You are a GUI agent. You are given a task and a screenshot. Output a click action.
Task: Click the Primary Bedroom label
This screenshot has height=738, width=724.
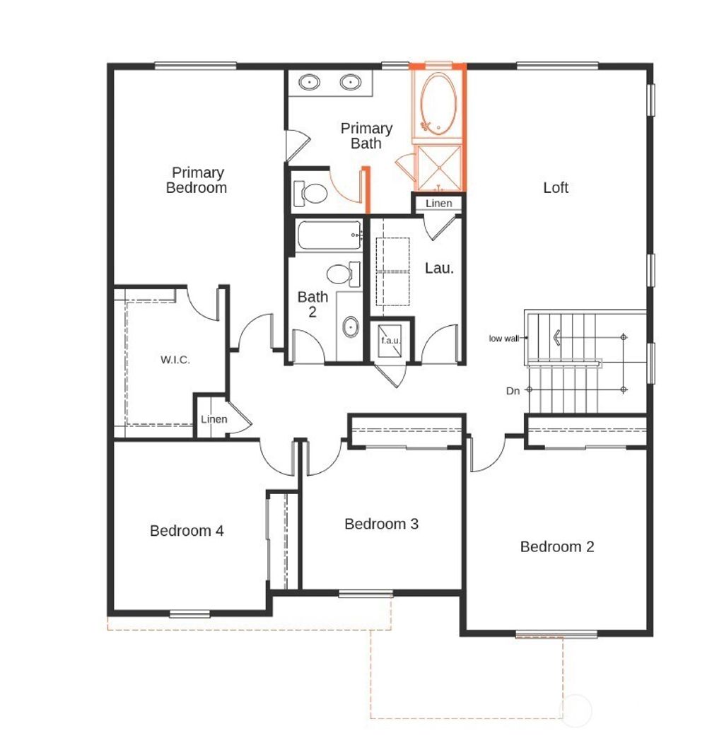click(x=197, y=180)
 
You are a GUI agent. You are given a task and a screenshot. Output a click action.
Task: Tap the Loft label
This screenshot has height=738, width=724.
click(x=556, y=187)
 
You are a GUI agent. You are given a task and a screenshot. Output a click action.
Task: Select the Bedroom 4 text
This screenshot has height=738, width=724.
click(x=187, y=531)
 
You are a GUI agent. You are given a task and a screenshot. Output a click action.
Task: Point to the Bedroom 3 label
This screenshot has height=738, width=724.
click(x=381, y=524)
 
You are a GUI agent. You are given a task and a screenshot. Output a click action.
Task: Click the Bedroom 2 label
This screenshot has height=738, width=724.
click(x=557, y=546)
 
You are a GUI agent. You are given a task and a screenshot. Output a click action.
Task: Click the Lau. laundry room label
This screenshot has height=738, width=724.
click(x=438, y=269)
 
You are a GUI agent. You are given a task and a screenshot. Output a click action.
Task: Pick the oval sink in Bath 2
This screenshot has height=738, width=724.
click(x=350, y=327)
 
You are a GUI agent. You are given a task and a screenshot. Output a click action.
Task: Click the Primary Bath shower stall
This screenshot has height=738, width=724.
click(x=438, y=167)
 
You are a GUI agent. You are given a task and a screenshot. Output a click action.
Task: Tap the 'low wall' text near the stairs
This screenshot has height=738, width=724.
click(x=503, y=339)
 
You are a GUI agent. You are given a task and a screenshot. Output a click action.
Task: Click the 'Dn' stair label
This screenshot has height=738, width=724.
click(x=514, y=390)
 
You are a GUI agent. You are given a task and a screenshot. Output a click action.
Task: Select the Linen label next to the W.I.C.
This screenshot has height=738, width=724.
click(x=214, y=419)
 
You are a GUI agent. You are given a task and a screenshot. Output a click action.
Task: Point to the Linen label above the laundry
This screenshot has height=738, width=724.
click(x=438, y=204)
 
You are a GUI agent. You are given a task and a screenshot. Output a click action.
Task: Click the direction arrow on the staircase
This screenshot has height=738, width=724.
click(x=558, y=338)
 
